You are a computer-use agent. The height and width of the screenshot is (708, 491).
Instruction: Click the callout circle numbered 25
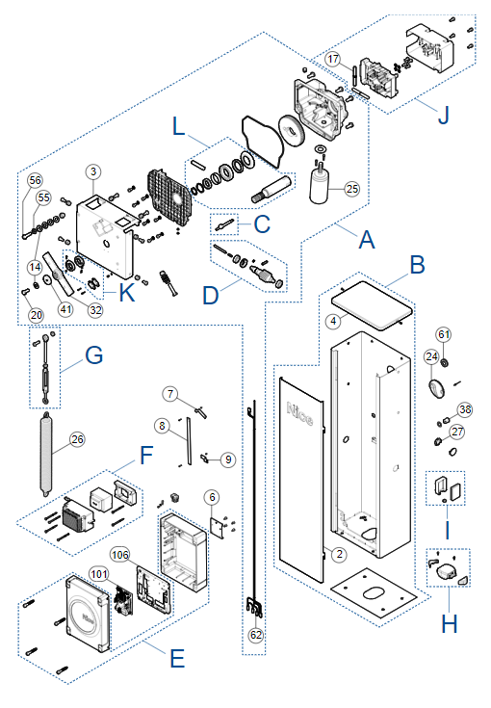tap(352, 189)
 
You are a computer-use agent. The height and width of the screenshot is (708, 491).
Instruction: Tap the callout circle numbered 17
tap(332, 59)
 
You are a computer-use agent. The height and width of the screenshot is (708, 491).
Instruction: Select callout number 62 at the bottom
tap(256, 635)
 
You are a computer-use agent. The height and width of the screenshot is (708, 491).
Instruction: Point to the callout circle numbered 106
tap(120, 555)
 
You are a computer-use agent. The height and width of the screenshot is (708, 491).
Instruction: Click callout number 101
tap(99, 574)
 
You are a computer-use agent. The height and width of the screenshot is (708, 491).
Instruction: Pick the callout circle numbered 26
tap(77, 439)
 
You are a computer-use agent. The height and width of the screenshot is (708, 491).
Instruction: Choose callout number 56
tap(36, 180)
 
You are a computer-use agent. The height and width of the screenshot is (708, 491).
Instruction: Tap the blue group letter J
tap(444, 115)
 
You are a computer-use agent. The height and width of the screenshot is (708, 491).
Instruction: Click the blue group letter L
tap(179, 126)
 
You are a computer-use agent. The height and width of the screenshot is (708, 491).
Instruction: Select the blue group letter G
tap(94, 355)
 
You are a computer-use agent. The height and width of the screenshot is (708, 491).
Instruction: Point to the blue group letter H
tap(449, 624)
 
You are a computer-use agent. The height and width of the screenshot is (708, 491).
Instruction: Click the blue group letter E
tap(177, 658)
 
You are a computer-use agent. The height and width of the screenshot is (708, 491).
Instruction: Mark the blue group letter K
tap(127, 293)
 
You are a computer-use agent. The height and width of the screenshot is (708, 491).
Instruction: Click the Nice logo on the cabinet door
tap(299, 414)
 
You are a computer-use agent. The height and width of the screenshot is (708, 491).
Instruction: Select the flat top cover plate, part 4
tap(372, 305)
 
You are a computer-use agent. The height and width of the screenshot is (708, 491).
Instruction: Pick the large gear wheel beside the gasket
tap(292, 131)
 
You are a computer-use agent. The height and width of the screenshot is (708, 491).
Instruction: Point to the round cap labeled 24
tap(436, 388)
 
